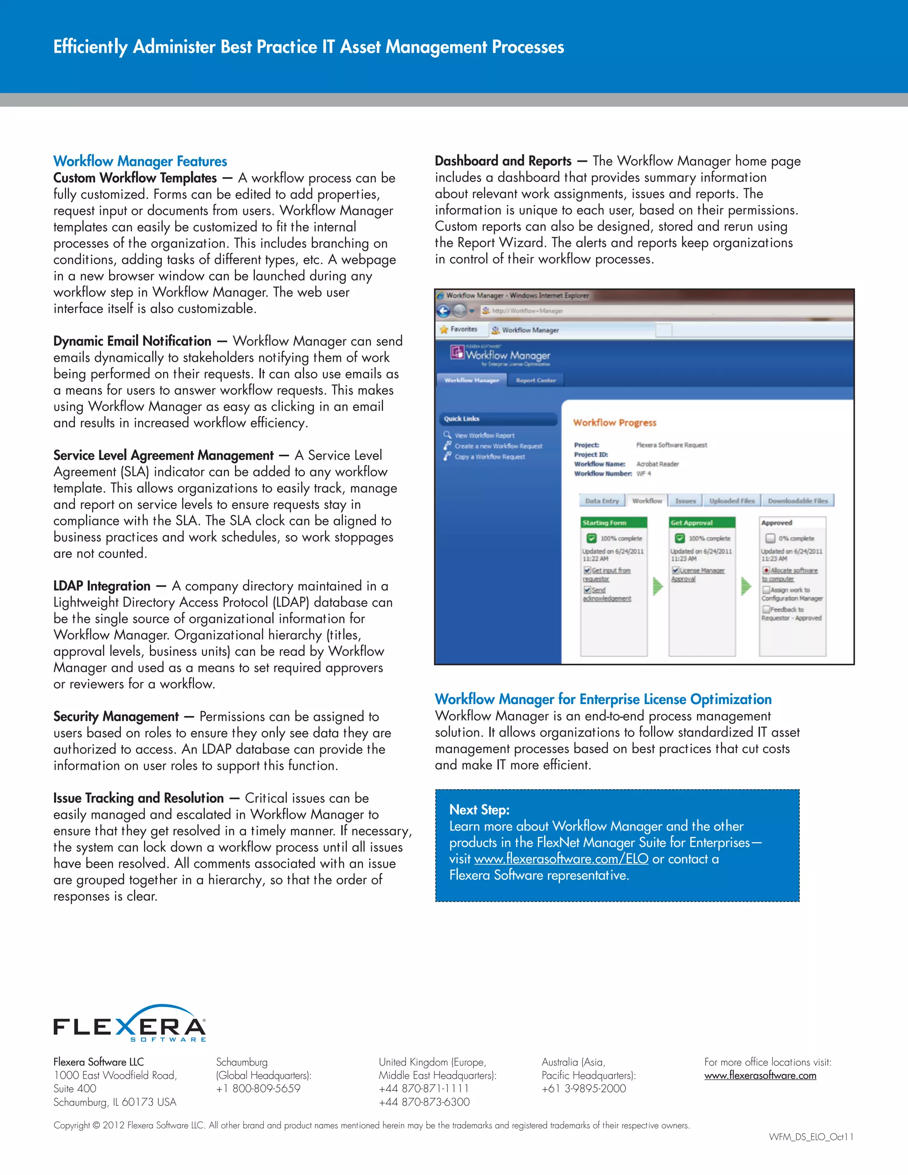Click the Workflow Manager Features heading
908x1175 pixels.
[x=140, y=161]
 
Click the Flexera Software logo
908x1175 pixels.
[x=129, y=1024]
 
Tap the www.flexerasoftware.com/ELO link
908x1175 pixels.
[x=560, y=859]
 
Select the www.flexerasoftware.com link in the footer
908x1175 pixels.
[x=759, y=1076]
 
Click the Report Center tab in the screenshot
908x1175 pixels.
[x=535, y=380]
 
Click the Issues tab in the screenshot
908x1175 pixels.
[x=685, y=501]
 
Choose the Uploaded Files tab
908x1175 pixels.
[x=732, y=501]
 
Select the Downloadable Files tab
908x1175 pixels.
[x=797, y=501]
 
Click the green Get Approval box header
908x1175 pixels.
[x=701, y=522]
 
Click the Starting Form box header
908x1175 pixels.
[x=613, y=522]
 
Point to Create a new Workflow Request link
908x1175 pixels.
[x=498, y=446]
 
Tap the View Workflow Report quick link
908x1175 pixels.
[x=484, y=435]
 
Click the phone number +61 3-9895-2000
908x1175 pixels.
[x=583, y=1089]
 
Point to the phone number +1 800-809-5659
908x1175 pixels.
[x=258, y=1089]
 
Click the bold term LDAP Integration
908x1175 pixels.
[x=102, y=586]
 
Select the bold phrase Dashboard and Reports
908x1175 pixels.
[x=503, y=161]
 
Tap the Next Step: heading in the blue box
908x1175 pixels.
[x=479, y=810]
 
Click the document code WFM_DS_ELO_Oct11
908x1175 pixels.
[x=810, y=1137]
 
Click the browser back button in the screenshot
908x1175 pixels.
[x=443, y=310]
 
